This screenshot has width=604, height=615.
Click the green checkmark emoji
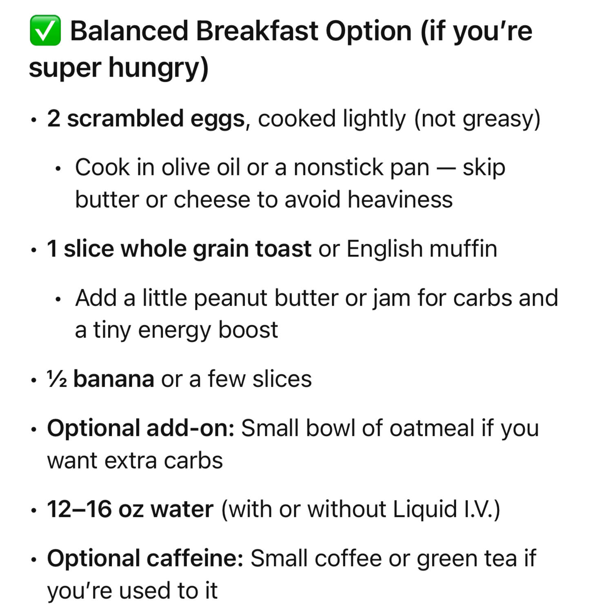(x=45, y=30)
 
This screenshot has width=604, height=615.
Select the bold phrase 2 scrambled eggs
(x=146, y=119)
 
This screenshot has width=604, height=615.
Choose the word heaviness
(x=400, y=200)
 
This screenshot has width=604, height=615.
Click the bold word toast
(x=283, y=249)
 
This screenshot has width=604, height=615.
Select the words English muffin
(x=422, y=249)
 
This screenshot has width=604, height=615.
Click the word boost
(x=248, y=330)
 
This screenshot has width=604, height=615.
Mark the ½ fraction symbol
(x=57, y=379)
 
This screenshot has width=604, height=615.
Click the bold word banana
(x=114, y=379)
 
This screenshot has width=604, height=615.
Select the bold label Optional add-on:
(x=141, y=429)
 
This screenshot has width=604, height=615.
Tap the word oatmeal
(x=432, y=429)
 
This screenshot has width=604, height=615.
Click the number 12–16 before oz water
(x=79, y=509)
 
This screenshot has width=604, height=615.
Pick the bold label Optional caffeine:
(x=145, y=559)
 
